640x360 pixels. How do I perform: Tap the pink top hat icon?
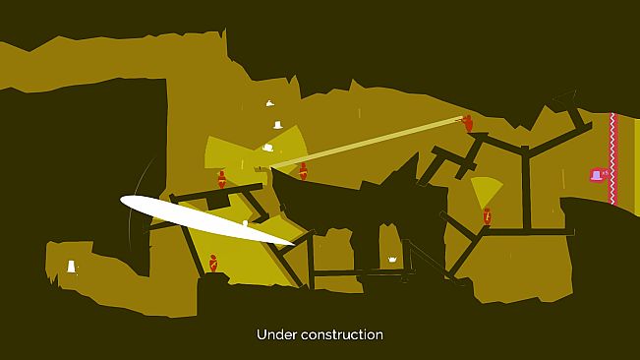pyautogui.click(x=597, y=175)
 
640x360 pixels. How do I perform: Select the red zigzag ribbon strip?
pyautogui.click(x=612, y=158)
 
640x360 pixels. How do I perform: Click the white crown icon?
pyautogui.click(x=392, y=260)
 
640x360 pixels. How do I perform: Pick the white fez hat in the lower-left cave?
pyautogui.click(x=72, y=267)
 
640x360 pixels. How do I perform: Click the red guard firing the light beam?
pyautogui.click(x=468, y=123)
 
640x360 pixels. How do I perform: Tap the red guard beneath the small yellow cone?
pyautogui.click(x=487, y=216)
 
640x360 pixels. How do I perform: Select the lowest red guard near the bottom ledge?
pyautogui.click(x=213, y=264)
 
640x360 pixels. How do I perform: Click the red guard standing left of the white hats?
pyautogui.click(x=221, y=180)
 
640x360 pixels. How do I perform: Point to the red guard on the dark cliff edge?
pyautogui.click(x=303, y=171)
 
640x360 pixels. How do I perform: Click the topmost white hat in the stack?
pyautogui.click(x=269, y=103)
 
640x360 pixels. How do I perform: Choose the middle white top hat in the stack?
pyautogui.click(x=278, y=125)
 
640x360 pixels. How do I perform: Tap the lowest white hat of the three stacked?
pyautogui.click(x=268, y=148)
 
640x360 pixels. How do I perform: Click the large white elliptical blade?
pyautogui.click(x=206, y=220)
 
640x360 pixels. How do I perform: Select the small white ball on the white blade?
pyautogui.click(x=245, y=223)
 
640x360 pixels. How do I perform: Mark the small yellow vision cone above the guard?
pyautogui.click(x=486, y=192)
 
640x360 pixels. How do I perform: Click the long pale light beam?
pyautogui.click(x=366, y=143)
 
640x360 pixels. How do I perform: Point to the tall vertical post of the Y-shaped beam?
pyautogui.click(x=526, y=189)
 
